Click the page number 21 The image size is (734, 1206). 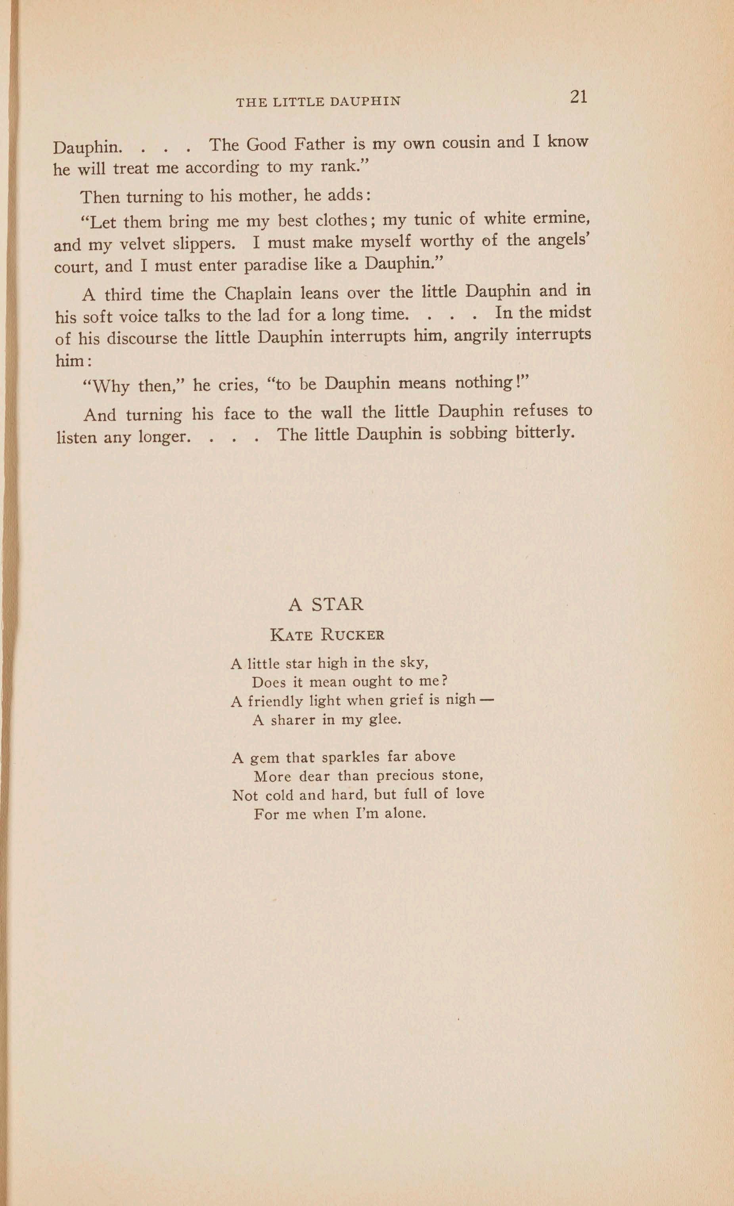[x=579, y=97]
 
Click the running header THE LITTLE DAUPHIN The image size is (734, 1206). [x=318, y=102]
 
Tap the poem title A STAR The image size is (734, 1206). [x=326, y=604]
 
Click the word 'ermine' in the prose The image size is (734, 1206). [x=560, y=217]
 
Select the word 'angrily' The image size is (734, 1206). [x=481, y=336]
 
